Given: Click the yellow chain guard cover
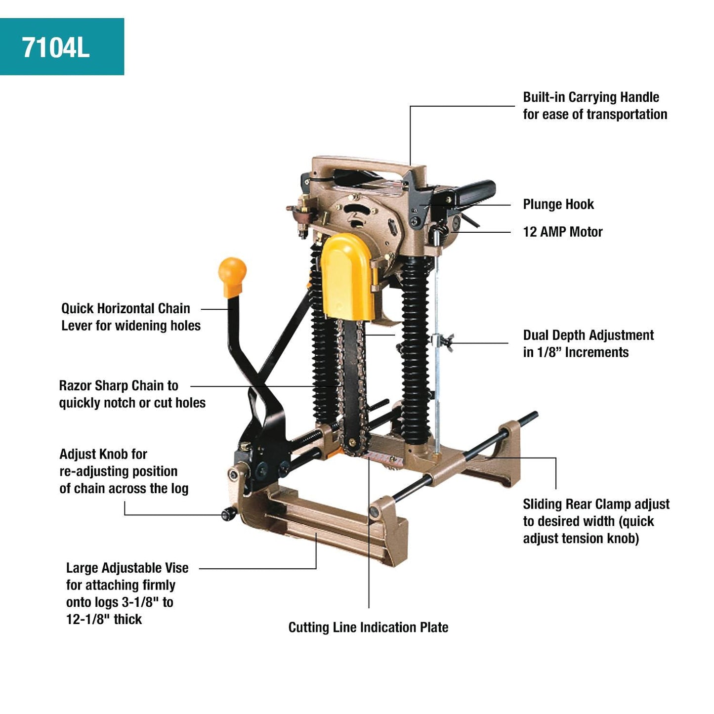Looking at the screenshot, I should (347, 277).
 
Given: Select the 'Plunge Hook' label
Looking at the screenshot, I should (558, 205).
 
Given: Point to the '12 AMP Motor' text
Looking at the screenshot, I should (563, 232).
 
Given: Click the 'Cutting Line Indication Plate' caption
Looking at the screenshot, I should (368, 628).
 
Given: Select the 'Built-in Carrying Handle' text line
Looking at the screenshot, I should (591, 97).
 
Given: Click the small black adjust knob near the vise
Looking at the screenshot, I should (228, 515).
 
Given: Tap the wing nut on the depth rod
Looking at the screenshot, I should (443, 341).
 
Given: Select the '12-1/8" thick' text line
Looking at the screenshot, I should (104, 620).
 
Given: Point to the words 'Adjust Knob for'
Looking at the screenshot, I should (103, 454).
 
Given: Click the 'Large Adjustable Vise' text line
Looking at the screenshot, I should (127, 568).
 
